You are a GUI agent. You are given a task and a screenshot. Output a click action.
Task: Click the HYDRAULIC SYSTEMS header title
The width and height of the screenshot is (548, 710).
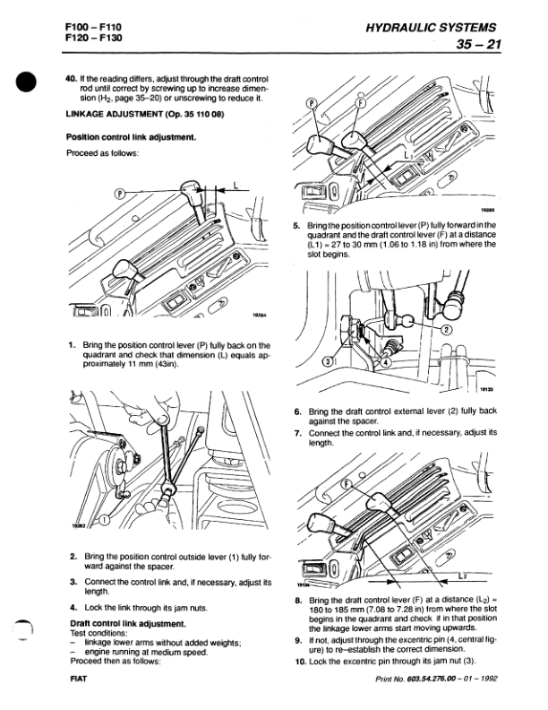[431, 32]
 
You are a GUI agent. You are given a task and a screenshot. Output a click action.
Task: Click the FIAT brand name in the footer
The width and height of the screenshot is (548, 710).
[77, 680]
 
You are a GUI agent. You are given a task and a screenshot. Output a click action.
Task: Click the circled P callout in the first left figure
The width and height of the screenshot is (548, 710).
[122, 193]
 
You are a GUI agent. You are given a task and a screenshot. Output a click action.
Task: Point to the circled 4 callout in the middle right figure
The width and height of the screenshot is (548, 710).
[359, 363]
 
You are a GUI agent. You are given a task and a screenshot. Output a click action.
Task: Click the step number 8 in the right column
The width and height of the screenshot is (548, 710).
[298, 598]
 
